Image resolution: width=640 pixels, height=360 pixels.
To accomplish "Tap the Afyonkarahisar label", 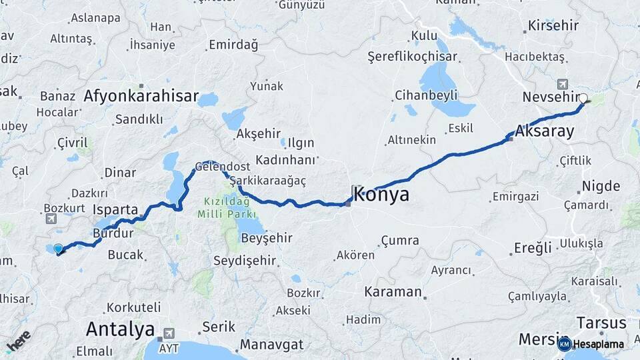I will (141, 96).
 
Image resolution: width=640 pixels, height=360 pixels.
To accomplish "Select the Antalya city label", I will (120, 329).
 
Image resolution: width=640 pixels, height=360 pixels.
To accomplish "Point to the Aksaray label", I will (545, 131).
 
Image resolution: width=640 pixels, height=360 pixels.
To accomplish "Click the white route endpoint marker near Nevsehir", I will (583, 99).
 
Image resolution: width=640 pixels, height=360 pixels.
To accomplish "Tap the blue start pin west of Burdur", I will (59, 249).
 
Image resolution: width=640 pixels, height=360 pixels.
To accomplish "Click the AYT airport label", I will (169, 348).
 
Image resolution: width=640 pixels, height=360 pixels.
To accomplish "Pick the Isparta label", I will (115, 209).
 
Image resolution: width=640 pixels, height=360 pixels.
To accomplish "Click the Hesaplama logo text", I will (598, 344).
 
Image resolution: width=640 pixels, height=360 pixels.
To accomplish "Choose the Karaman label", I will (393, 292).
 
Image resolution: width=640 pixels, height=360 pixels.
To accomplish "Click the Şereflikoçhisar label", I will (413, 57).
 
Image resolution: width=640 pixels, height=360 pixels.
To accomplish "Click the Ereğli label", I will (533, 248).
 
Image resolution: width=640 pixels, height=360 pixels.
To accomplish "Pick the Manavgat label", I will (271, 345).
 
